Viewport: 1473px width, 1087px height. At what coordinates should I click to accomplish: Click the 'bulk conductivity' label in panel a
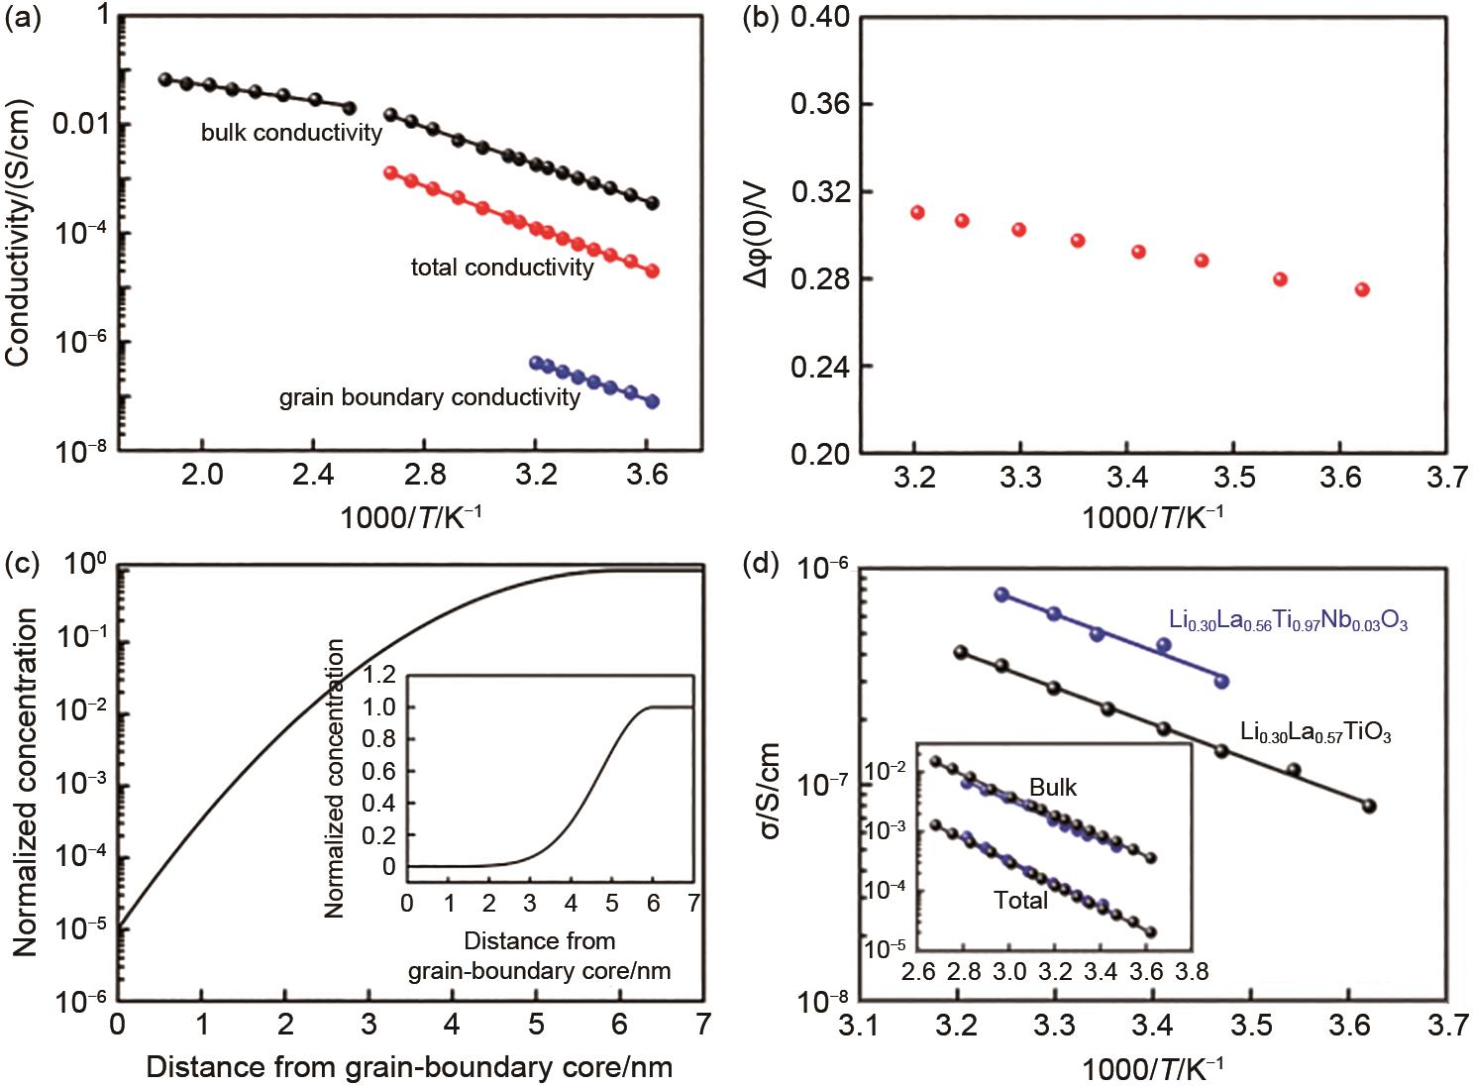291,133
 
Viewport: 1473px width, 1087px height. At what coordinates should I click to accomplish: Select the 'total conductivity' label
502,268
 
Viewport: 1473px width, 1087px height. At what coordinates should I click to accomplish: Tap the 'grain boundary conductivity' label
429,398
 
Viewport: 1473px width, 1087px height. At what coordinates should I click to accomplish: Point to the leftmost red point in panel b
917,213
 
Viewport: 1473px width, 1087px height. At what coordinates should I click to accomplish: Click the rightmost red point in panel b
1362,289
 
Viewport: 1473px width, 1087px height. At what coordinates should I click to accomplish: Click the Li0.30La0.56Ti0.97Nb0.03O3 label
1288,622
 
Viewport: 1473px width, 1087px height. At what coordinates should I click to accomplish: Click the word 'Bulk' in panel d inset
1052,788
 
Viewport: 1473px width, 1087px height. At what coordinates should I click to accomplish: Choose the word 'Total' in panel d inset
1020,900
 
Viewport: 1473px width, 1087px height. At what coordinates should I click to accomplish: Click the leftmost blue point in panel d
1001,595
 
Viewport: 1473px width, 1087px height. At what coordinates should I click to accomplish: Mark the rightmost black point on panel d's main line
1370,807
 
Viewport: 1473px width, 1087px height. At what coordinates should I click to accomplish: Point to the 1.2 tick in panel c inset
381,676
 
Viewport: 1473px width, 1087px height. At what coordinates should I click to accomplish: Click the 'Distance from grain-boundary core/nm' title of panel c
409,1067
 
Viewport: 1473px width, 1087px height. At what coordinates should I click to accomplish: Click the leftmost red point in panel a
390,173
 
